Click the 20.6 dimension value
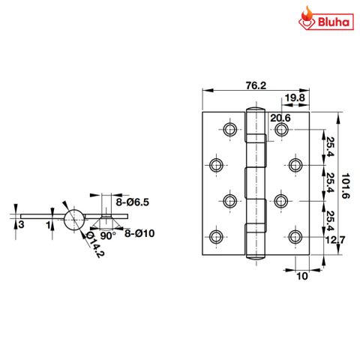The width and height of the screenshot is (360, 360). [x=280, y=117]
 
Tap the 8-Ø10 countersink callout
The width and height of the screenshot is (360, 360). [x=139, y=233]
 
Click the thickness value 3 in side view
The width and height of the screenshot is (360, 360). [x=22, y=224]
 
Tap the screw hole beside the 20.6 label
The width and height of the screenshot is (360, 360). [x=281, y=130]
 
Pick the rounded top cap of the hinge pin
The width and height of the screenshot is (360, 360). [x=254, y=114]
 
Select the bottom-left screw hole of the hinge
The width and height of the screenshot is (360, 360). [x=217, y=237]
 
